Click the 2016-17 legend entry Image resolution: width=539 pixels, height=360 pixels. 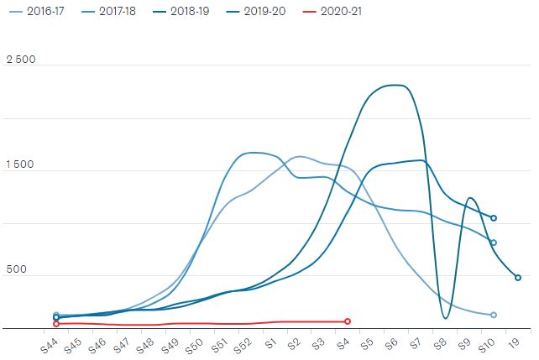(x=36, y=12)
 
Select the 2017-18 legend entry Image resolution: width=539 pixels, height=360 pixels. (x=108, y=12)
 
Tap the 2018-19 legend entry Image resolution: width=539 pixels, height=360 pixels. (x=181, y=12)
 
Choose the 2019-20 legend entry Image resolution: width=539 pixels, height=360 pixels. (x=256, y=12)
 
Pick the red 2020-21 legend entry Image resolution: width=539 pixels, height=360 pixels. (x=332, y=12)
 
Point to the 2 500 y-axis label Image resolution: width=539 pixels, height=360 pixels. (x=21, y=60)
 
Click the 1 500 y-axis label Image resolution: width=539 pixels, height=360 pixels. (x=20, y=164)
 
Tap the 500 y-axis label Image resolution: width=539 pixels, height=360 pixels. (x=17, y=269)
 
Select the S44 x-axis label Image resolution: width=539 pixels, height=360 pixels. (x=49, y=345)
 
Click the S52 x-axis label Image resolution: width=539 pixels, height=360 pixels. (x=243, y=345)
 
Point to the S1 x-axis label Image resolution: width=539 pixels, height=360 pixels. (x=271, y=343)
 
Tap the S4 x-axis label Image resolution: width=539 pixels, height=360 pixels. (x=343, y=343)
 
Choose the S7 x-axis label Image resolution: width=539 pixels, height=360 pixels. (x=416, y=343)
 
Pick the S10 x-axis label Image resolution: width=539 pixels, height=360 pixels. (x=486, y=345)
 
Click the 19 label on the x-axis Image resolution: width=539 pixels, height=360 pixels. (x=515, y=343)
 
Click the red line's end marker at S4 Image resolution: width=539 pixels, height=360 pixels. (x=348, y=321)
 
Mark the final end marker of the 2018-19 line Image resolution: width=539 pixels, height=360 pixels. (x=518, y=278)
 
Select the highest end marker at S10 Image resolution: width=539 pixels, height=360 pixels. (x=494, y=218)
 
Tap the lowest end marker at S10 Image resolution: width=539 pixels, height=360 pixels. (x=494, y=315)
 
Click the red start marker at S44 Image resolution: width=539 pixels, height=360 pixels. (x=56, y=324)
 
